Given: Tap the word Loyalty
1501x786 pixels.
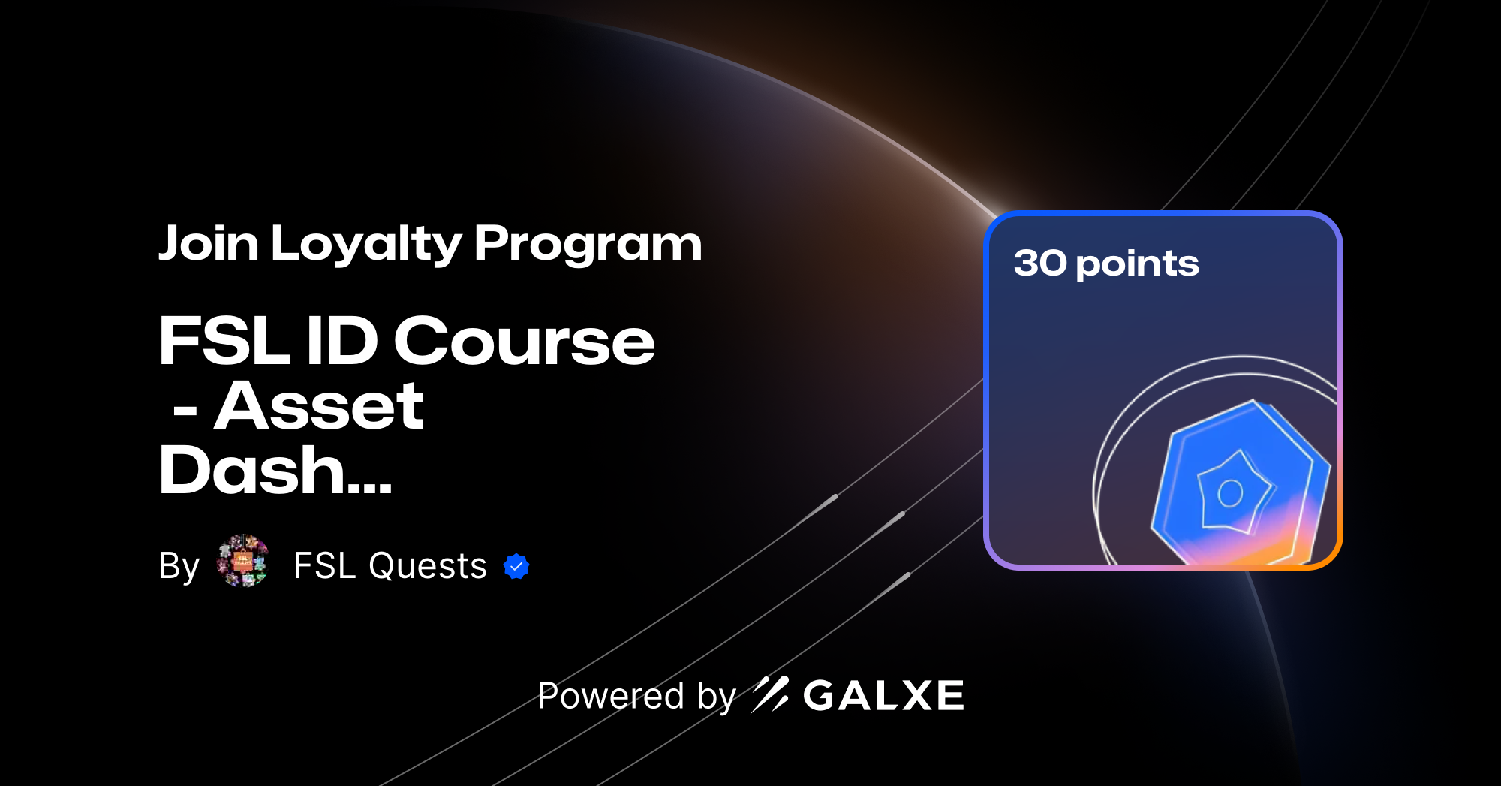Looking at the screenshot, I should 365,245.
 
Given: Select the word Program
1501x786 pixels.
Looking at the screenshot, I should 588,245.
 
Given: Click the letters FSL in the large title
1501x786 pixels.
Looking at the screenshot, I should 224,341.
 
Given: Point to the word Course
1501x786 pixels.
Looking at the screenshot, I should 524,341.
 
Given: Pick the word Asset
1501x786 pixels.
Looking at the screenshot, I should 319,406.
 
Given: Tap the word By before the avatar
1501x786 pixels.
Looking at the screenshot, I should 179,566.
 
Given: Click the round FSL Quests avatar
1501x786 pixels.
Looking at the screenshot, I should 242,561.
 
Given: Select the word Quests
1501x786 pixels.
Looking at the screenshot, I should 427,566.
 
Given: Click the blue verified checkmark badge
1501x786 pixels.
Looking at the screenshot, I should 516,566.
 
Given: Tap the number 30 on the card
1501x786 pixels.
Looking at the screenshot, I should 1039,263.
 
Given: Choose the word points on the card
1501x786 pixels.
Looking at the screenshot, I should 1137,264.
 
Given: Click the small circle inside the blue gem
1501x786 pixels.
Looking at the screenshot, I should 1230,493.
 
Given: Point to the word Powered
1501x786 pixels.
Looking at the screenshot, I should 611,695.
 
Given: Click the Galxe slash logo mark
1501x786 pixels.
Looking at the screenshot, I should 770,694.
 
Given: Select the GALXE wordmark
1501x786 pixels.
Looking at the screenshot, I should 883,695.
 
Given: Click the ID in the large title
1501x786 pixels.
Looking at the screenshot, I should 341,341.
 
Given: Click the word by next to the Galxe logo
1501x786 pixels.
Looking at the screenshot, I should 716,697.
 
